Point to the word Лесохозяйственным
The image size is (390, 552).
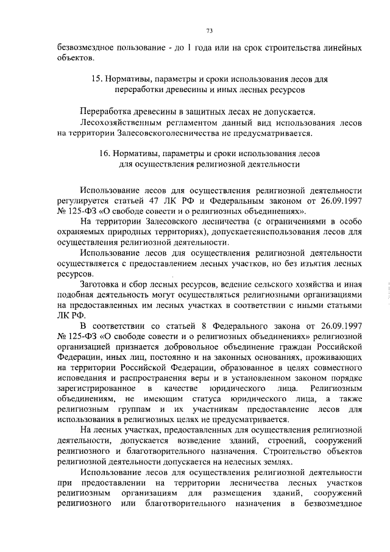click(x=119, y=122)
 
